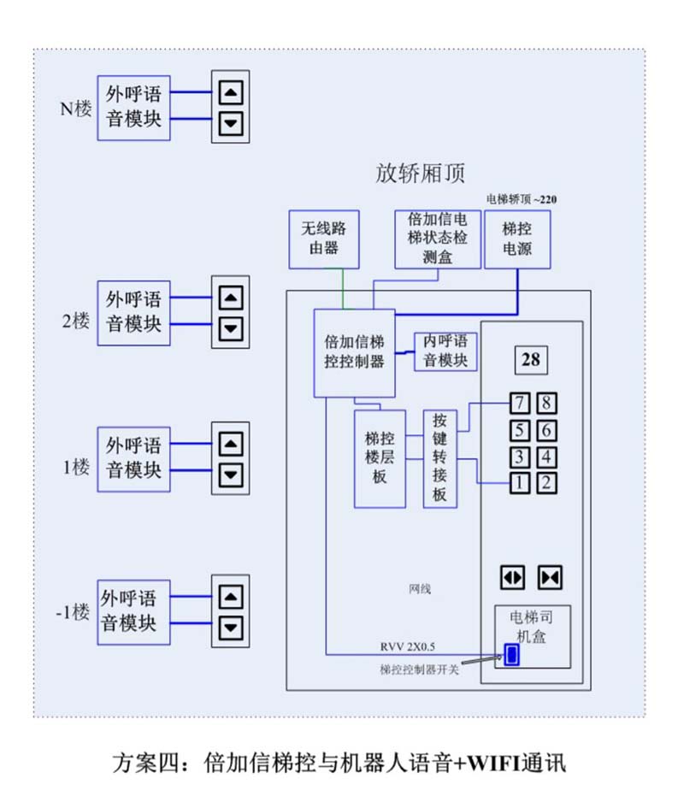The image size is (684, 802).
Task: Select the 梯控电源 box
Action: point(516,239)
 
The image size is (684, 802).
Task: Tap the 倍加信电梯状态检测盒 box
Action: point(437,239)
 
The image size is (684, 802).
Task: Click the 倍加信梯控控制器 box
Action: point(354,352)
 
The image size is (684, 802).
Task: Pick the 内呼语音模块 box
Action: point(445,351)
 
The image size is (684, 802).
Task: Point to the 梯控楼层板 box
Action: point(380,458)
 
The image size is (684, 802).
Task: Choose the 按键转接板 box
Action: point(439,458)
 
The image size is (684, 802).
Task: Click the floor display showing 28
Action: point(530,360)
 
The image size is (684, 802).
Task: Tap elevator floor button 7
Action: point(518,403)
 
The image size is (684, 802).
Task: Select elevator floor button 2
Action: point(545,482)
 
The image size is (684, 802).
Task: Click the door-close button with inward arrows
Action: point(549,578)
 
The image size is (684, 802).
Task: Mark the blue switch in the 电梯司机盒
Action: point(511,655)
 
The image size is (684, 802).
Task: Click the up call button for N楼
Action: point(230,93)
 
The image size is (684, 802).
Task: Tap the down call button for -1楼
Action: point(230,628)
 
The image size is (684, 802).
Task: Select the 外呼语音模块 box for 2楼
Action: point(133,312)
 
